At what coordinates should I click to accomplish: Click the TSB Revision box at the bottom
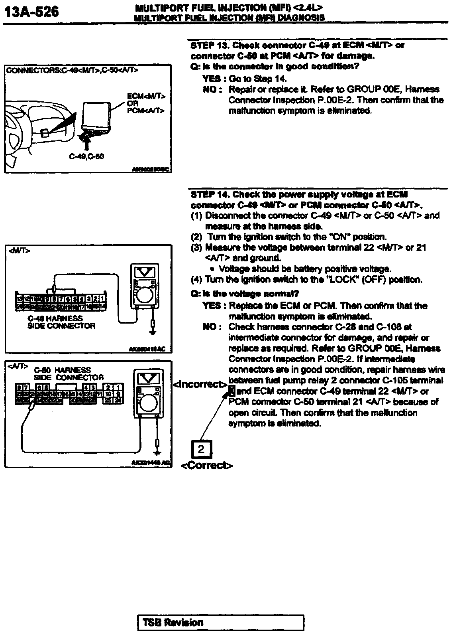pyautogui.click(x=220, y=623)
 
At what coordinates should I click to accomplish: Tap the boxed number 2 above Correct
pyautogui.click(x=201, y=450)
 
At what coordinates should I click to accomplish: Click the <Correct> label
pyautogui.click(x=206, y=465)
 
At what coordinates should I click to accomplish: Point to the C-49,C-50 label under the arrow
pyautogui.click(x=86, y=156)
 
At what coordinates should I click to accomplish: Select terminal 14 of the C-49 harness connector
pyautogui.click(x=102, y=306)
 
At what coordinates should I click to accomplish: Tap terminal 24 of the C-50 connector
pyautogui.click(x=118, y=400)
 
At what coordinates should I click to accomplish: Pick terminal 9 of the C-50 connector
pyautogui.click(x=118, y=394)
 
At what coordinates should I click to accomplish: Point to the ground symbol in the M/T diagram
pyautogui.click(x=152, y=331)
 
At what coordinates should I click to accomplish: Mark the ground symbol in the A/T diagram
pyautogui.click(x=158, y=453)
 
